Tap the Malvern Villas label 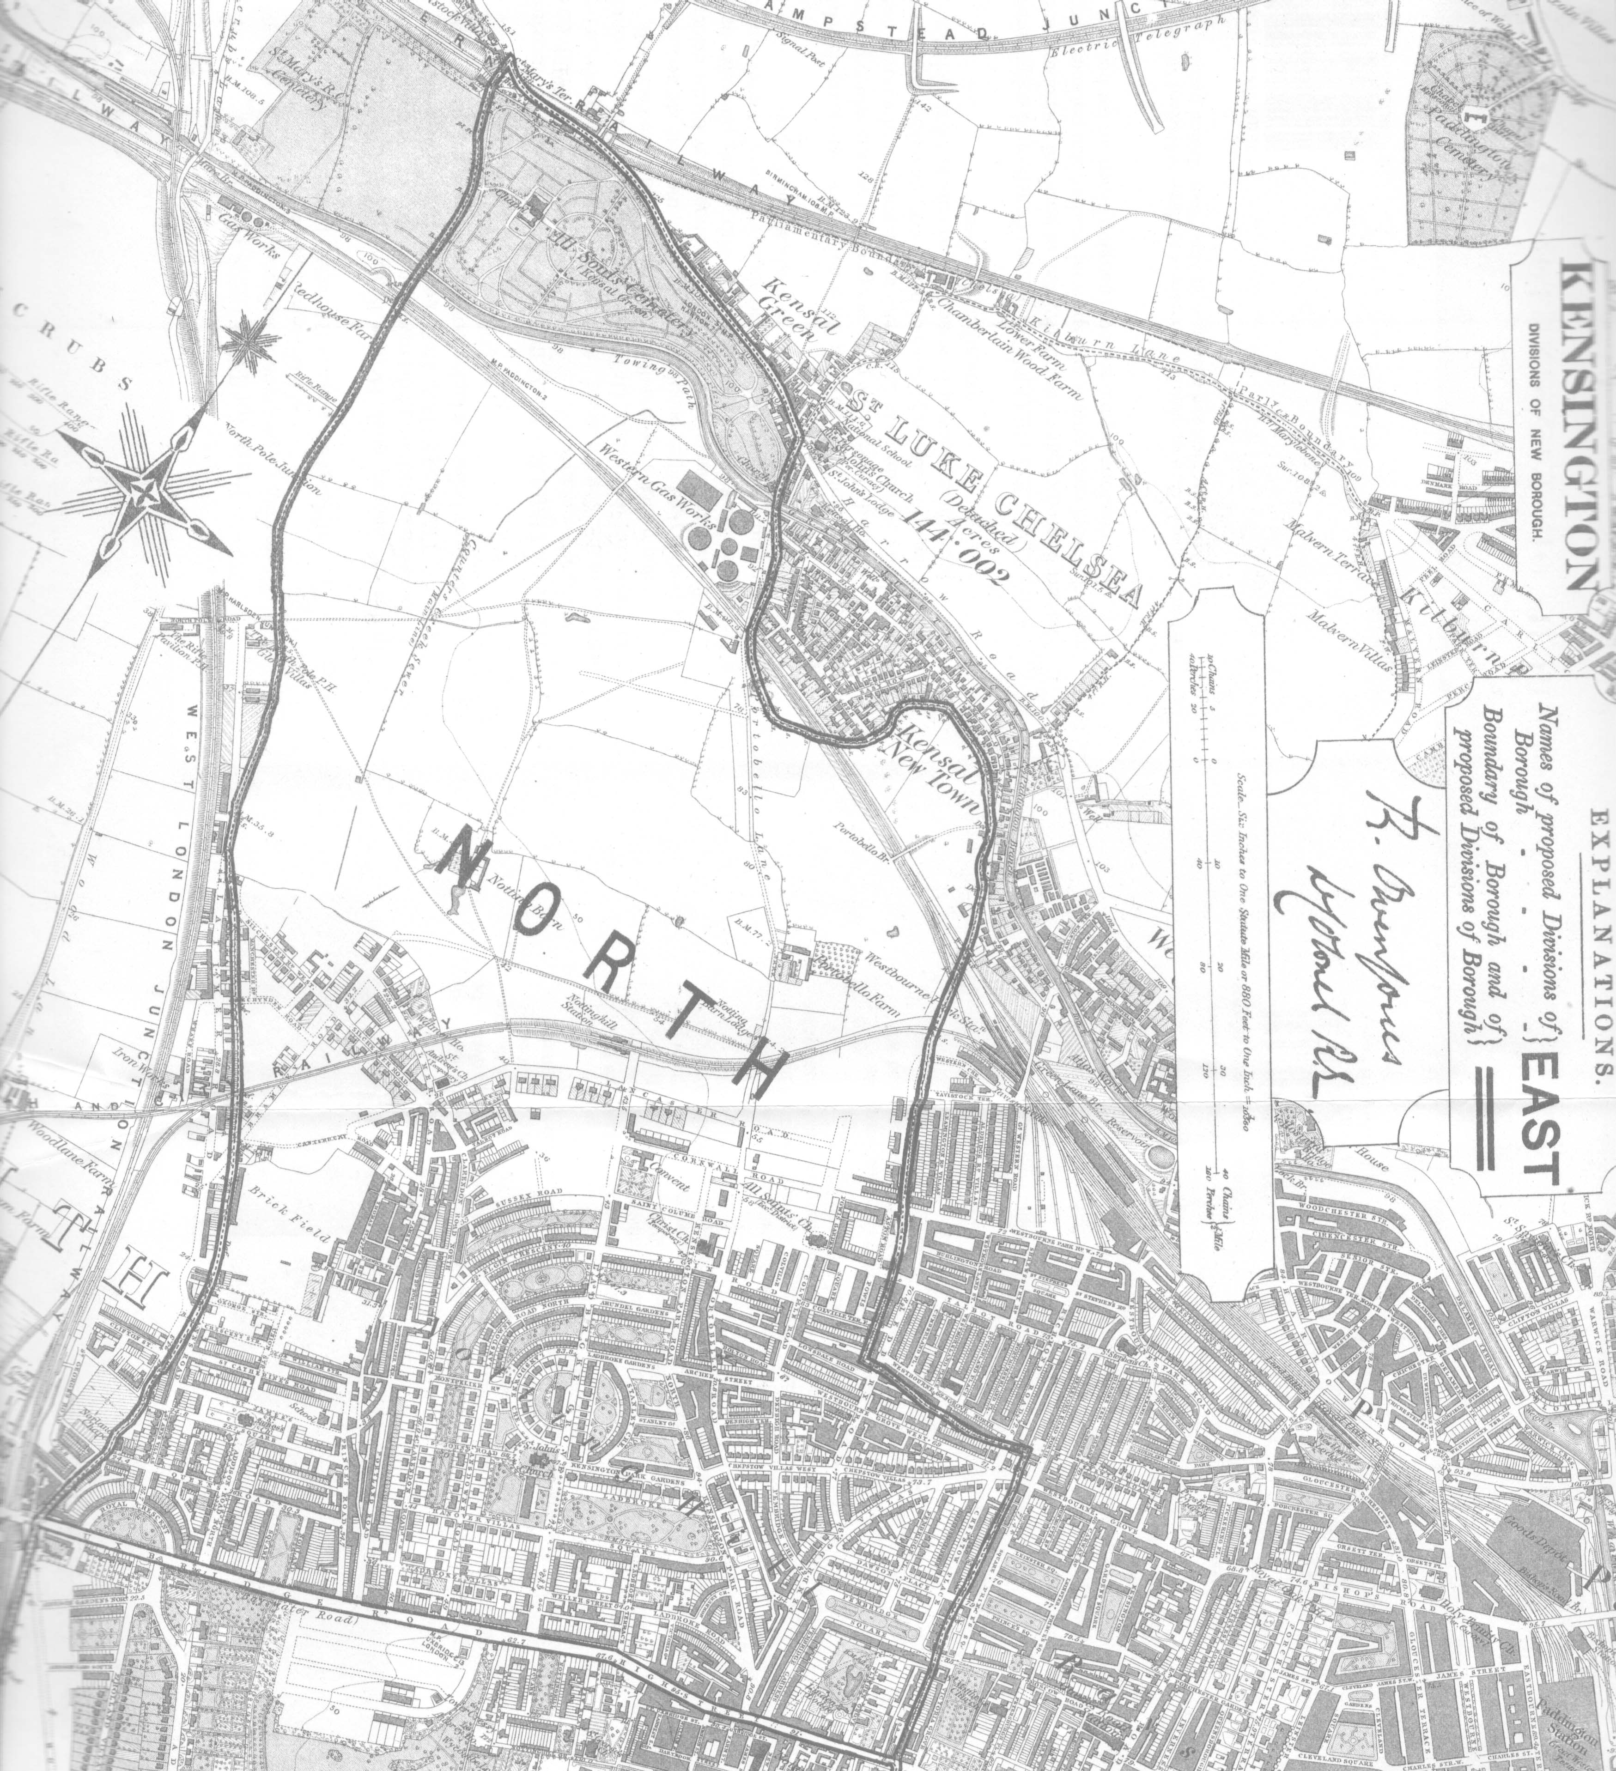tap(1349, 632)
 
